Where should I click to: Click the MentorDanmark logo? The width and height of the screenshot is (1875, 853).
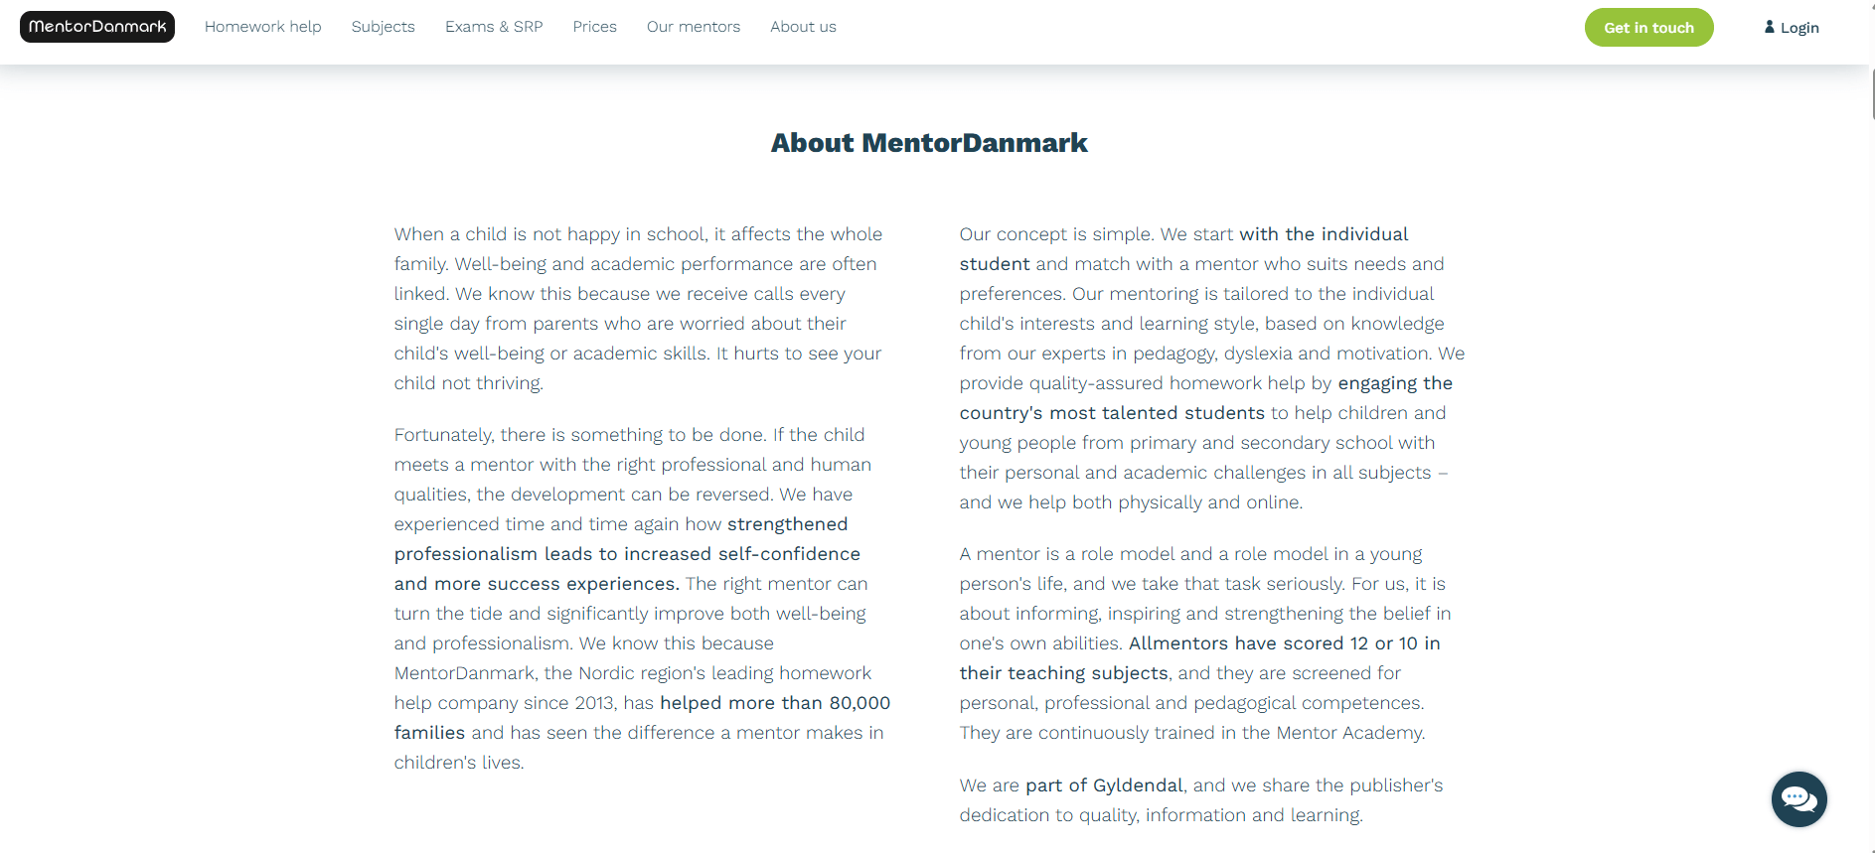(97, 27)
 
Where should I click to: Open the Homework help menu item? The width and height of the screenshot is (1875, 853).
(262, 27)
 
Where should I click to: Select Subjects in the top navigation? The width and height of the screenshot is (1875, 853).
(383, 27)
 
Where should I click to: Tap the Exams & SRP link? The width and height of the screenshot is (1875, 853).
(494, 27)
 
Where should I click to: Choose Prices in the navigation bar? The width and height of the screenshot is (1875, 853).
(594, 27)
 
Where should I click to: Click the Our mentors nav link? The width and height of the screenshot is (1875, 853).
(693, 27)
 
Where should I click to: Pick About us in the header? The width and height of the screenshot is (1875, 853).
(803, 27)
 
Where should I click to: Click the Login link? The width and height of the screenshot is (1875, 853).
(1798, 28)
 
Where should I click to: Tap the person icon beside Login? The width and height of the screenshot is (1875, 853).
(1769, 27)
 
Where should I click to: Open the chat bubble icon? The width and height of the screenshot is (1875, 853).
(1798, 798)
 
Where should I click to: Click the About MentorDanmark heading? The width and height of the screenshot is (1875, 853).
(929, 143)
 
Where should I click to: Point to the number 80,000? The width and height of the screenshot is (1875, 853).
(859, 703)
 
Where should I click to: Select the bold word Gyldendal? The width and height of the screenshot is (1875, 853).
(1138, 785)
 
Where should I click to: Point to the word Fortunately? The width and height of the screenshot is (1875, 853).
(442, 435)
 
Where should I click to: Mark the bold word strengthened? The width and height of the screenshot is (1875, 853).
(787, 524)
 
